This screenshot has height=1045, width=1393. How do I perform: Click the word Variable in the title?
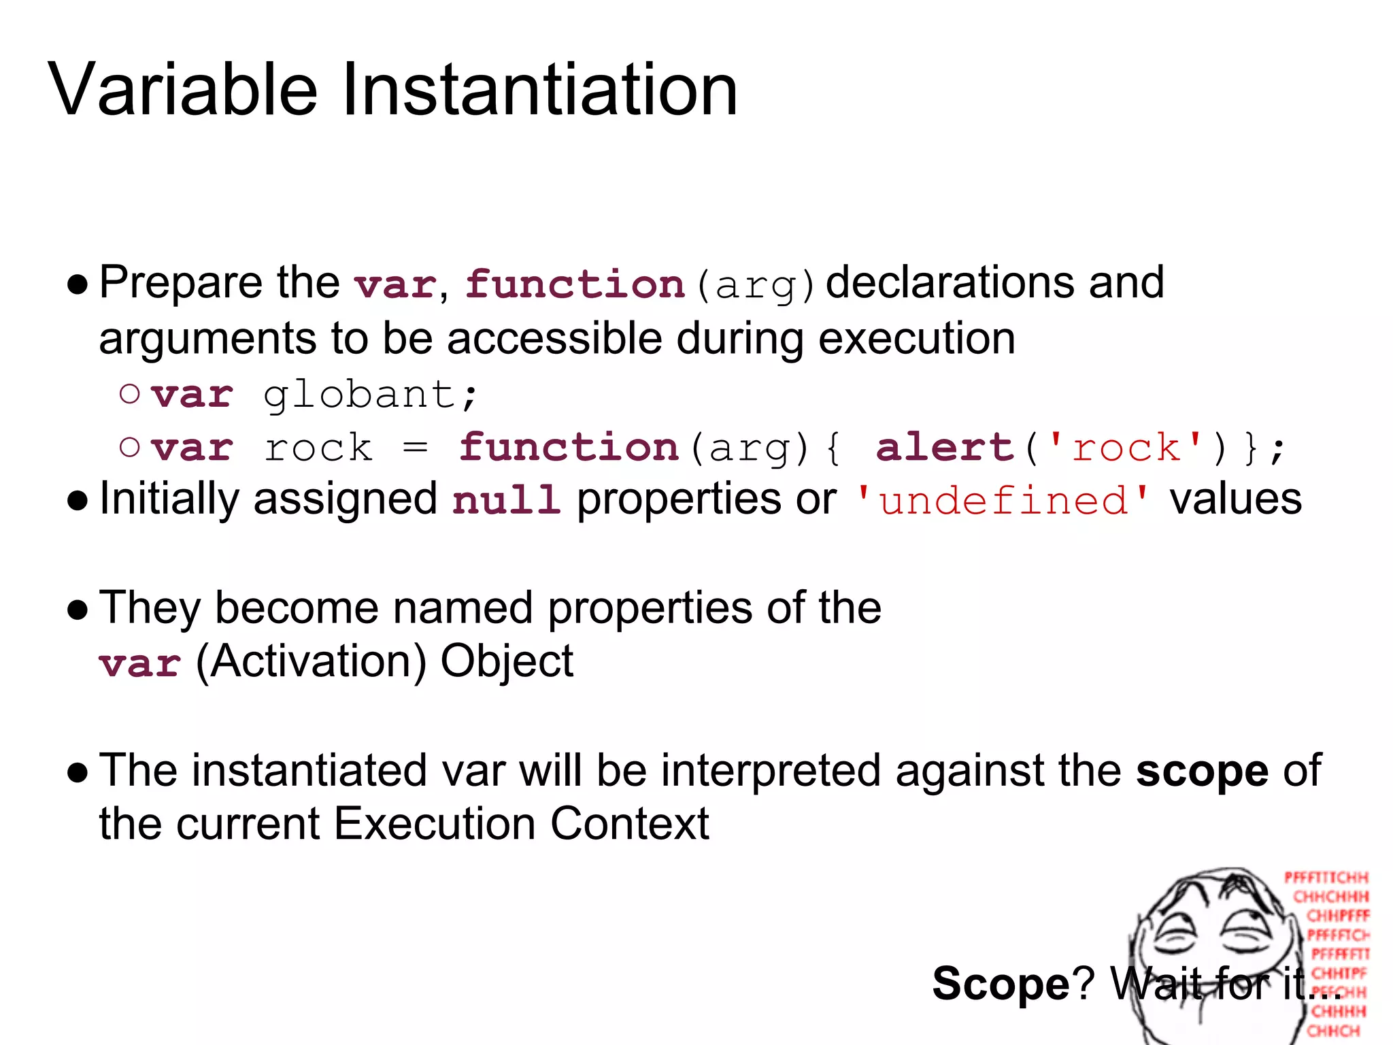coord(182,90)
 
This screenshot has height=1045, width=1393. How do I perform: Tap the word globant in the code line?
coord(358,395)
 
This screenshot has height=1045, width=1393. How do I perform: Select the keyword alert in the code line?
coord(945,448)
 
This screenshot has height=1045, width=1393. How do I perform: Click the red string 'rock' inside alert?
coord(1126,448)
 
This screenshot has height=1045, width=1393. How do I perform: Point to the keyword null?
coord(506,500)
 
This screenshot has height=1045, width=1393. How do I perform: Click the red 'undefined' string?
coord(1003,501)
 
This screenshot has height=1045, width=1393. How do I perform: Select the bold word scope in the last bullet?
coord(1202,771)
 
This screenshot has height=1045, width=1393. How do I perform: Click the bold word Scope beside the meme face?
coord(1001,984)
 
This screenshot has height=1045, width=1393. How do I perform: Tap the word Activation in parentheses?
coord(312,662)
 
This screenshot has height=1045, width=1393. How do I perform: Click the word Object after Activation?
coord(507,662)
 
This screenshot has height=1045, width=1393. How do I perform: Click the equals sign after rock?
coord(415,448)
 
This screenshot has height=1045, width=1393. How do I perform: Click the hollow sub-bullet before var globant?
coord(129,393)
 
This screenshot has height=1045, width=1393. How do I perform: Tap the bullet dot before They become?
coord(78,610)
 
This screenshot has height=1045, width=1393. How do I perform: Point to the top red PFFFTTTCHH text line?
coord(1326,878)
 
